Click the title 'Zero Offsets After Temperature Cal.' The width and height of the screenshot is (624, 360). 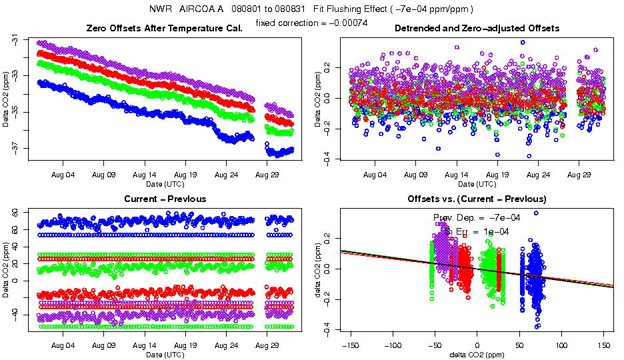tap(164, 29)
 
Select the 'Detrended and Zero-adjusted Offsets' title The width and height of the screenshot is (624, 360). tap(477, 29)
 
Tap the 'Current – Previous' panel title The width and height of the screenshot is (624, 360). tap(165, 199)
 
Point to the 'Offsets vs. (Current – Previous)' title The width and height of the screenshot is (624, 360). tap(477, 199)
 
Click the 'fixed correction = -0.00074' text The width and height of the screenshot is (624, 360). tap(311, 23)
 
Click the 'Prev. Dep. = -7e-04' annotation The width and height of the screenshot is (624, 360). tap(477, 217)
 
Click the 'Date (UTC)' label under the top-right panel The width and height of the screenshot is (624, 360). tap(477, 183)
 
